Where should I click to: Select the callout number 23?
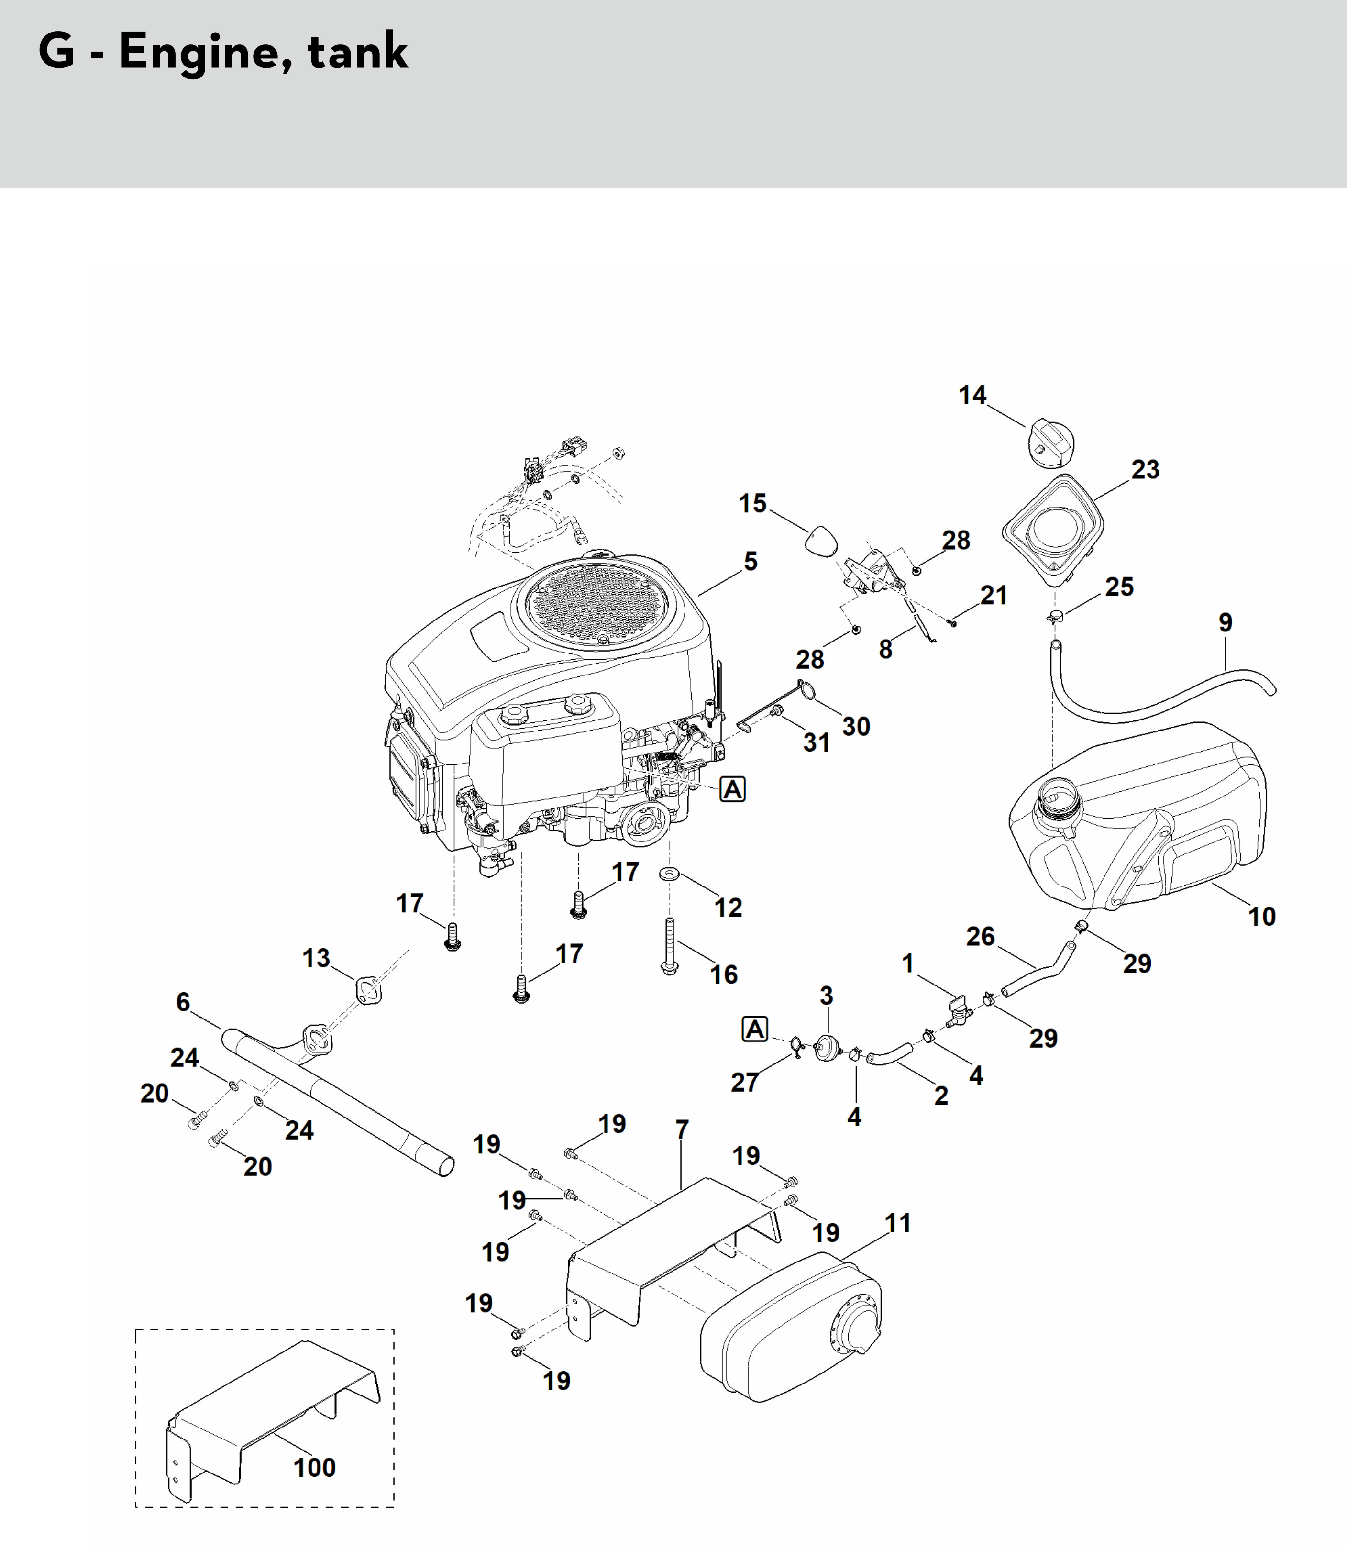tap(1145, 470)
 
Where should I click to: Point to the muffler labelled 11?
tap(789, 1330)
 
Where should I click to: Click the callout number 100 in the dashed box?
tap(314, 1467)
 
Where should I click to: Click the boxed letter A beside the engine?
tap(732, 789)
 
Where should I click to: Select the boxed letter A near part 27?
tap(755, 1029)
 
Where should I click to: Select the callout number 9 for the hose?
tap(1225, 622)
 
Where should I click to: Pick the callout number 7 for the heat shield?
tap(682, 1130)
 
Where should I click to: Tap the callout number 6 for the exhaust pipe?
tap(183, 1002)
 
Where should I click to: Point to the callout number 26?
tap(980, 937)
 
